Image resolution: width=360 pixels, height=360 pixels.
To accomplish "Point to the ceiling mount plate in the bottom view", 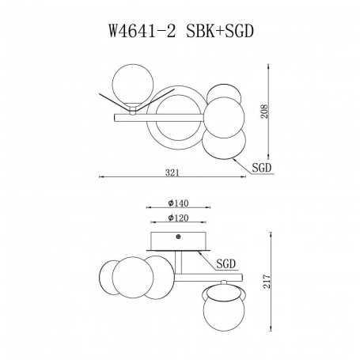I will click(178, 241).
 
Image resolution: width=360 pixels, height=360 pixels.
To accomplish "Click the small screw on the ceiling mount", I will click(178, 236).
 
